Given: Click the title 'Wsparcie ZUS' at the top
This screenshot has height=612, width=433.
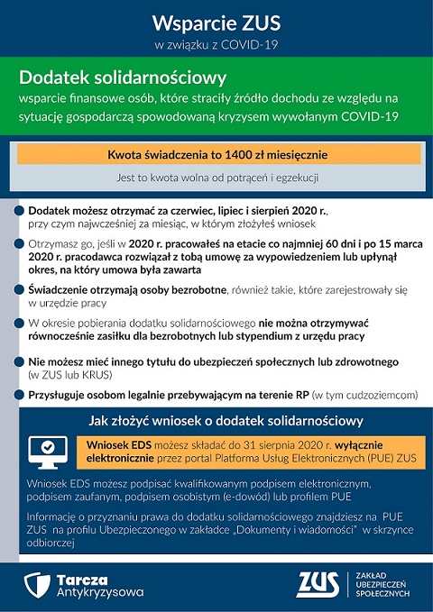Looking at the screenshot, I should coord(216,22).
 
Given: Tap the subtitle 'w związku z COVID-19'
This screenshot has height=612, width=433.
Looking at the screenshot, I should coord(216,44).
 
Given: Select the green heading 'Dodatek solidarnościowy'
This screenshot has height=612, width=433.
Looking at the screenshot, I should coord(123,78).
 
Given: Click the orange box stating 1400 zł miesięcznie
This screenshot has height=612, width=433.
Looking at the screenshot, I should coord(217,154).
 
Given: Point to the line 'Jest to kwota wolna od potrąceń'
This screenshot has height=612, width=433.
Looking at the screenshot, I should coord(217,178).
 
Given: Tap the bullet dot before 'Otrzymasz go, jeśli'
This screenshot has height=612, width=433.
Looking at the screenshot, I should coord(19,243).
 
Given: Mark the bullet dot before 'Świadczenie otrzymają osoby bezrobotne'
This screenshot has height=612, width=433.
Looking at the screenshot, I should coord(19,290).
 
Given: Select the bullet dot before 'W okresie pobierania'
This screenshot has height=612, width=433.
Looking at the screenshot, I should coord(19,323).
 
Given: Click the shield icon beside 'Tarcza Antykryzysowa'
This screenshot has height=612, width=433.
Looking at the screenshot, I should coord(38,585).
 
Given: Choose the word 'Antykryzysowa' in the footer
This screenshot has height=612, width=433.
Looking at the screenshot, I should coord(100,592).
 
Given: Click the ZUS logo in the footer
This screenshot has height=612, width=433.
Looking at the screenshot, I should coord(318,584).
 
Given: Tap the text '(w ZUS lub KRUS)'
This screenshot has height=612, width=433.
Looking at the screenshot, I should coord(71,375).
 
